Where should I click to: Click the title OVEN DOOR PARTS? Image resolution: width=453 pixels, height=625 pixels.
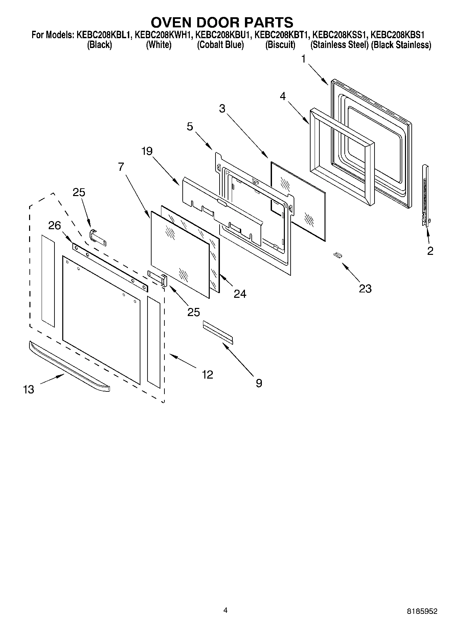(222, 22)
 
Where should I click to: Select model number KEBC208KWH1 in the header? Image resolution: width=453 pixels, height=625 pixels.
(163, 35)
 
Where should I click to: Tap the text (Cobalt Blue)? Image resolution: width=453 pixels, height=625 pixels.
(220, 45)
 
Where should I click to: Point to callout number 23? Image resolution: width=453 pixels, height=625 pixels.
(365, 288)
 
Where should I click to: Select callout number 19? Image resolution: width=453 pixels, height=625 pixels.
(147, 151)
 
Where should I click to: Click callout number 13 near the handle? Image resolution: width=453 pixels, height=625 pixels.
(29, 389)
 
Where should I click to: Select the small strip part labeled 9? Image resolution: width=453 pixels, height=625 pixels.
(218, 333)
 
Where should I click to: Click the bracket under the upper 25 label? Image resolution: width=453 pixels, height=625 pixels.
(98, 237)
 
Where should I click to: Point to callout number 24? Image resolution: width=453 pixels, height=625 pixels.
(240, 293)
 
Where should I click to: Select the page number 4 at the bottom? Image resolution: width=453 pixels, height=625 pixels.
(226, 610)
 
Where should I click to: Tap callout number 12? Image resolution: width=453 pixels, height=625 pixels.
(207, 374)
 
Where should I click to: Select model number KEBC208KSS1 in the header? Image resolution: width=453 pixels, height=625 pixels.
(339, 35)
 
